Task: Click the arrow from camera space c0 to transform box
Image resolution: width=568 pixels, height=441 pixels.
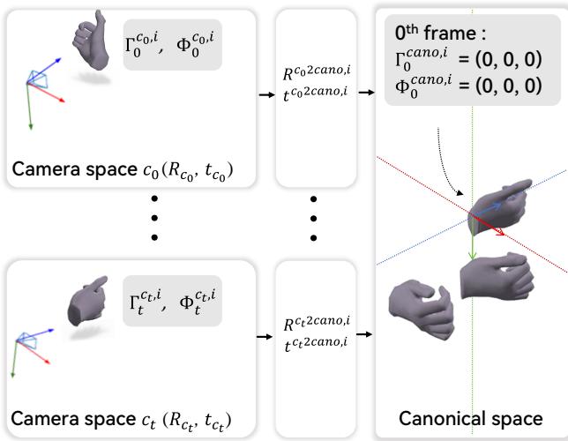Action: click(x=262, y=94)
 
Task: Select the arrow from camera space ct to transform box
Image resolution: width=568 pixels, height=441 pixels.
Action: click(x=262, y=336)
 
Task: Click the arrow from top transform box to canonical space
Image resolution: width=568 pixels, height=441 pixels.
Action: click(x=367, y=94)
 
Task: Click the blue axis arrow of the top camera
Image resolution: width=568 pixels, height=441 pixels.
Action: click(x=48, y=68)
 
